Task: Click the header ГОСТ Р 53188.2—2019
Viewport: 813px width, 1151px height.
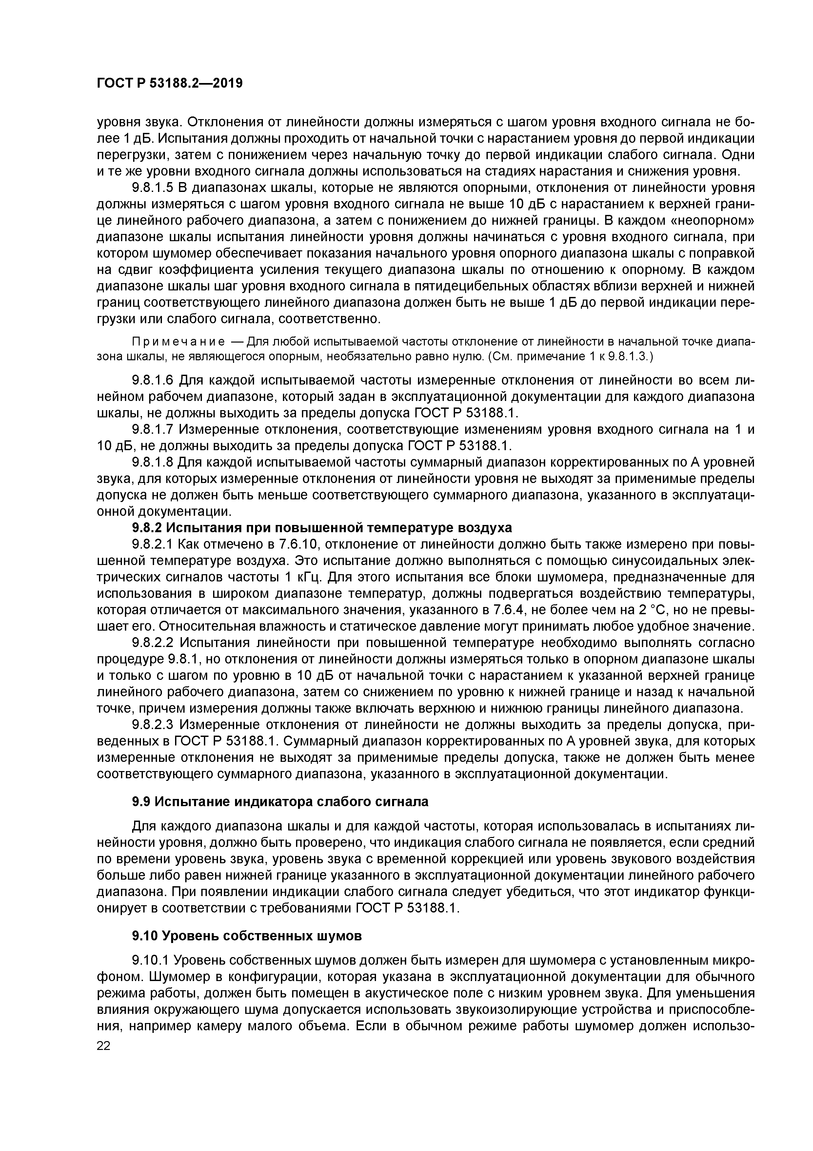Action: (169, 83)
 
